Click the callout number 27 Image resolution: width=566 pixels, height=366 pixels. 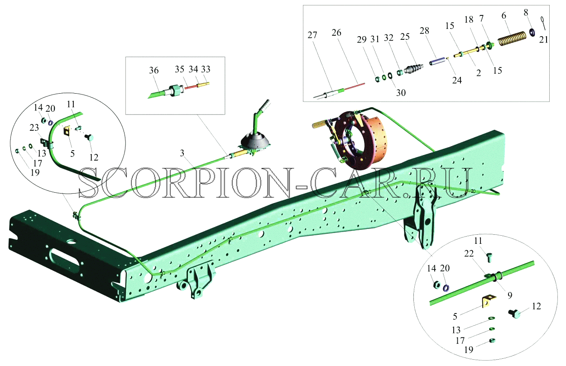point(312,35)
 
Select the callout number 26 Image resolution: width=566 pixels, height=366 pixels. point(336,33)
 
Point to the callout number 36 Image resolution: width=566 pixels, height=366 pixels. point(153,71)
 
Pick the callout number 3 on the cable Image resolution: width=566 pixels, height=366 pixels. point(182,153)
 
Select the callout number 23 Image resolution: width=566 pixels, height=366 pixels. point(34,128)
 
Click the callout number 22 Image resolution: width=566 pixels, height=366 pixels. point(469,253)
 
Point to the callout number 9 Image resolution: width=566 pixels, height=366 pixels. point(510,295)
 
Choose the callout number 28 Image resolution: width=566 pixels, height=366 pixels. point(424,31)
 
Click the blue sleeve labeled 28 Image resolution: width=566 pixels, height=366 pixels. point(436,62)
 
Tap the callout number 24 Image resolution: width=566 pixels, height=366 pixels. point(457,81)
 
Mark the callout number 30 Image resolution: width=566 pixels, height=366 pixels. point(401,93)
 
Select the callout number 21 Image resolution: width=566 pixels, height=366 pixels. point(543,40)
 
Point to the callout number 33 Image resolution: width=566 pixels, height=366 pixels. point(206,69)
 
